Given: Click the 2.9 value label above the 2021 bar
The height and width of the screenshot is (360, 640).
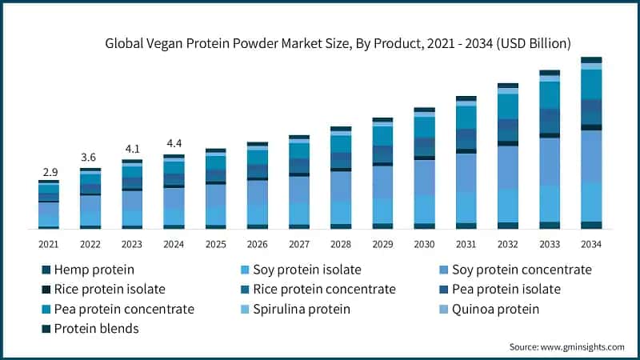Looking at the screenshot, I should click(49, 172).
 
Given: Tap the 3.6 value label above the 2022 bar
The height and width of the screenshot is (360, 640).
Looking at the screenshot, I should click(90, 157).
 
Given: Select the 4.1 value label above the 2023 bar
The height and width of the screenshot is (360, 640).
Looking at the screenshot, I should click(132, 149).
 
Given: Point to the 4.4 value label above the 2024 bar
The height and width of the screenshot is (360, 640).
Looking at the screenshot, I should click(174, 144).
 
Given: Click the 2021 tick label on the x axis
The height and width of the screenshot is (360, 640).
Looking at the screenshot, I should click(49, 243).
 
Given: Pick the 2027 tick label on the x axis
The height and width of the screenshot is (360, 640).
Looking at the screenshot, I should click(299, 243).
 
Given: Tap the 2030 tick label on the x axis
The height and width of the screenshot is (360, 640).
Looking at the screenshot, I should click(424, 243).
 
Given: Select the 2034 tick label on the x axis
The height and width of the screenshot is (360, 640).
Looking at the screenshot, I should click(591, 243).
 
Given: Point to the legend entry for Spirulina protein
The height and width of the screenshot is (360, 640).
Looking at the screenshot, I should click(301, 309).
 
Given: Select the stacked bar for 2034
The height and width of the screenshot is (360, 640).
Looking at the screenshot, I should click(591, 143).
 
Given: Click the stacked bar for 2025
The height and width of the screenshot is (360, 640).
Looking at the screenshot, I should click(215, 189).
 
